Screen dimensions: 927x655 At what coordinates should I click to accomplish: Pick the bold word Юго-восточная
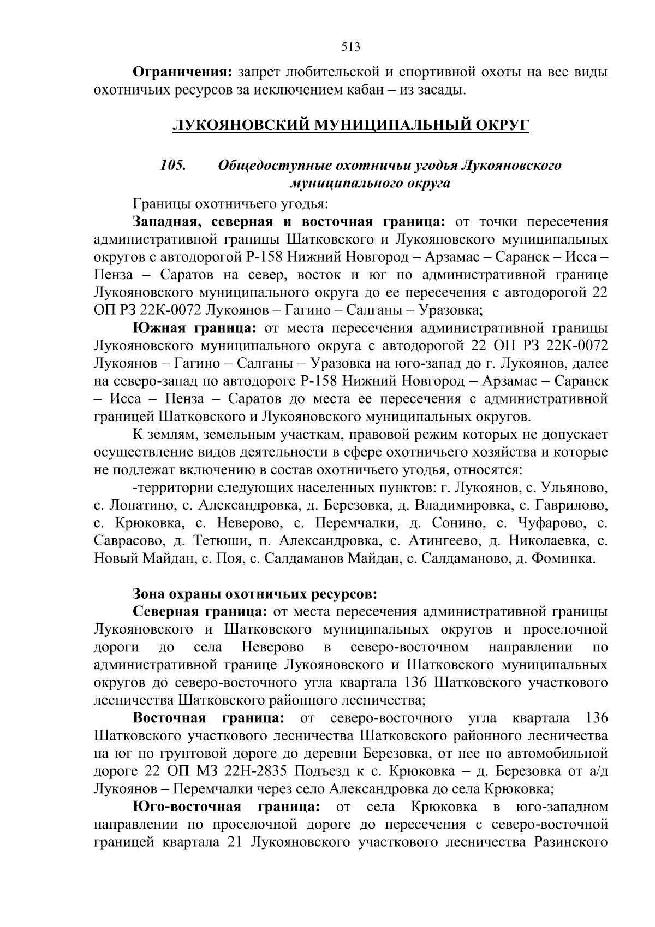187,807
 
